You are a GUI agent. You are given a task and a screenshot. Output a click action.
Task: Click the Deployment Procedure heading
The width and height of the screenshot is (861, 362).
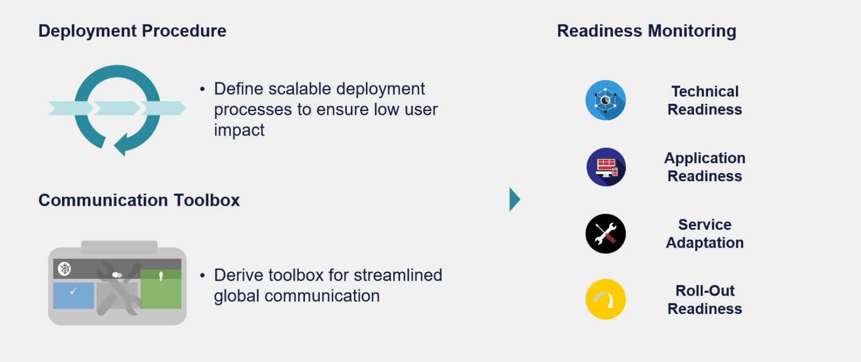132,31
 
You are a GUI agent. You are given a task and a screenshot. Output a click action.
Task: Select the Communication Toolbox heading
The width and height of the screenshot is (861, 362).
139,200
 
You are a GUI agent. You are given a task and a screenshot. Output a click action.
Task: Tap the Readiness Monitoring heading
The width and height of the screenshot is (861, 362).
647,31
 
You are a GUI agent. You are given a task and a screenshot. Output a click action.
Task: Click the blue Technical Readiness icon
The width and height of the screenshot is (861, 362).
605,100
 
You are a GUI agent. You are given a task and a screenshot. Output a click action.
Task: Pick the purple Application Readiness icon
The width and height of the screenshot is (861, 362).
606,167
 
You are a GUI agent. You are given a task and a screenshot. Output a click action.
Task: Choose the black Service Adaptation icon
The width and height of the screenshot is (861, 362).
605,234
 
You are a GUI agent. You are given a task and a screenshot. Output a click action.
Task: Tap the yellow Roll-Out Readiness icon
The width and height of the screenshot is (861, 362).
605,300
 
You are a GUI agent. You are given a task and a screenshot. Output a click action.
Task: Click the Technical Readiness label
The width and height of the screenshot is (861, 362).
705,100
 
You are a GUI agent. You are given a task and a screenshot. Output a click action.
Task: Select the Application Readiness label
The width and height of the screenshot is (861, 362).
705,167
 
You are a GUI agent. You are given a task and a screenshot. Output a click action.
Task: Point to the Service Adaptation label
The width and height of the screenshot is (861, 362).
705,234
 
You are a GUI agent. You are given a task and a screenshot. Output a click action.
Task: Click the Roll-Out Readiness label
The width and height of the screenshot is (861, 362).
705,300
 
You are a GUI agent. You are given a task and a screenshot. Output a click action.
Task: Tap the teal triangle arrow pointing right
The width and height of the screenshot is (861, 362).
514,199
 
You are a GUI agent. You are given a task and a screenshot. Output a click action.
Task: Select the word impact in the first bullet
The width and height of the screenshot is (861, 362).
239,130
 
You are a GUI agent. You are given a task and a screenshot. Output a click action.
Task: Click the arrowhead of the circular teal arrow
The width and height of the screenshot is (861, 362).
121,146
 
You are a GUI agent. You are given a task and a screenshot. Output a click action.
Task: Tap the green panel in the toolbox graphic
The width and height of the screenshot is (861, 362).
161,289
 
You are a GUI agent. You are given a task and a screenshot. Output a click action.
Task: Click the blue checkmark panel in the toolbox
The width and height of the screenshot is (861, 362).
74,295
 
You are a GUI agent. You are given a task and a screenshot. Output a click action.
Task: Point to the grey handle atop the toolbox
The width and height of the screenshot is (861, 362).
119,247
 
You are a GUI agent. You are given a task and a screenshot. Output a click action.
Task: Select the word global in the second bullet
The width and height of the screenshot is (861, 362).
237,296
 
